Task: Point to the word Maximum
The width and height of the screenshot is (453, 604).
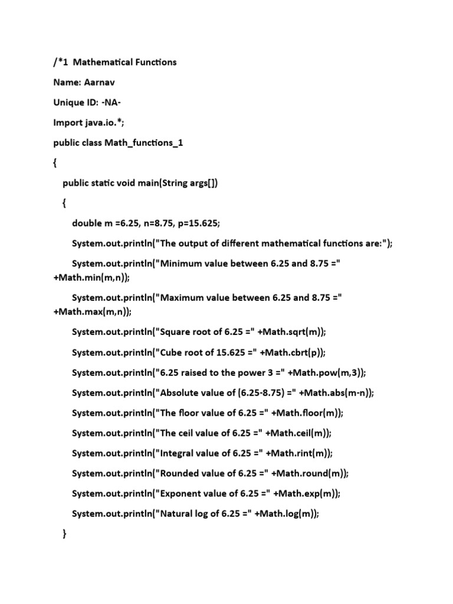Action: click(x=182, y=297)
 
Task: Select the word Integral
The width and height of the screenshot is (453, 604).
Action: click(x=178, y=453)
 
